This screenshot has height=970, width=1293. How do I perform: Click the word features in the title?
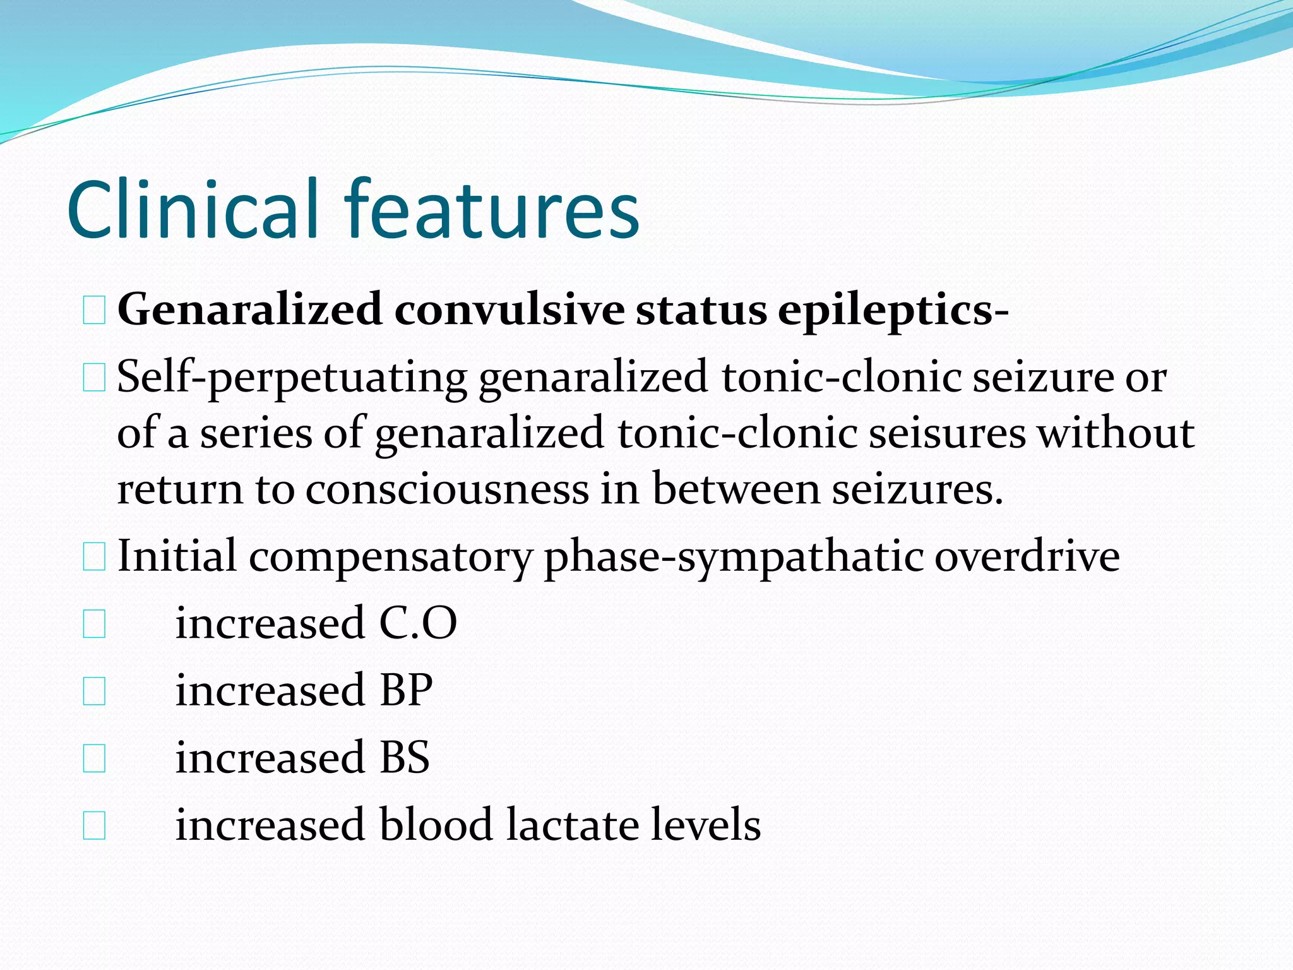pos(491,210)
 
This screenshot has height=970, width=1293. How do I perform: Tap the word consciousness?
pos(447,490)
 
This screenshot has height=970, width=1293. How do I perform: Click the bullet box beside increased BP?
pos(94,692)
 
